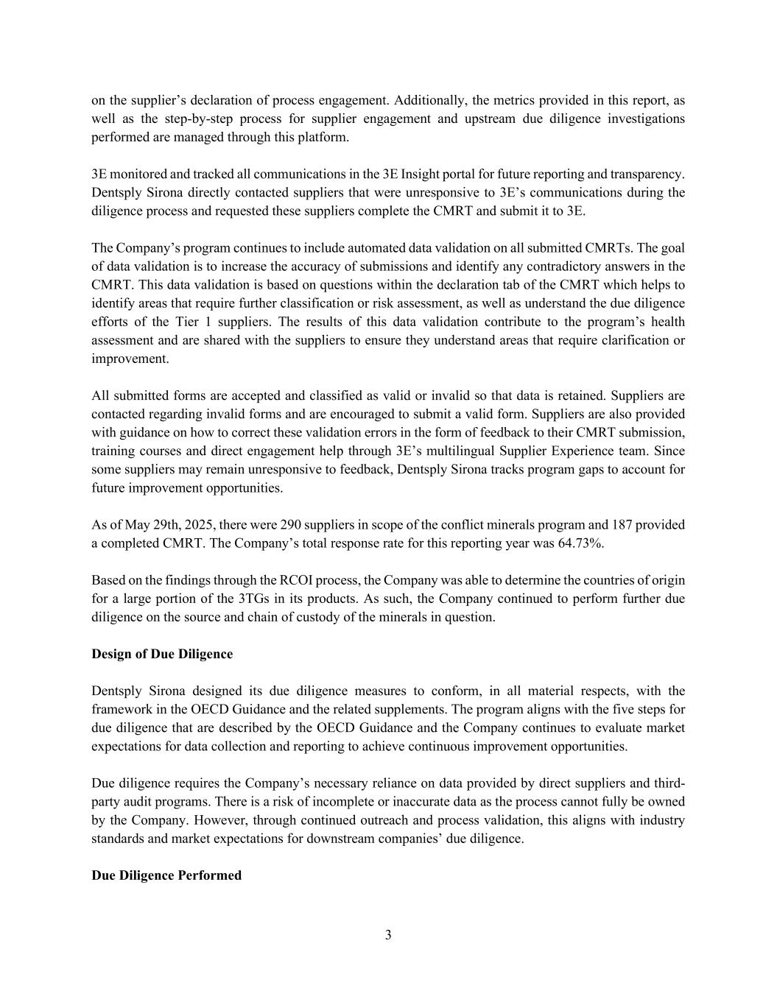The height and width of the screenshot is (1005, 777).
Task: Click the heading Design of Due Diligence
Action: [162, 654]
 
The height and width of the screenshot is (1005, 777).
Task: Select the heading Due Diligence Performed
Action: [166, 875]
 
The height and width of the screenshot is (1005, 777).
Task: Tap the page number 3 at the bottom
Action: [388, 935]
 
